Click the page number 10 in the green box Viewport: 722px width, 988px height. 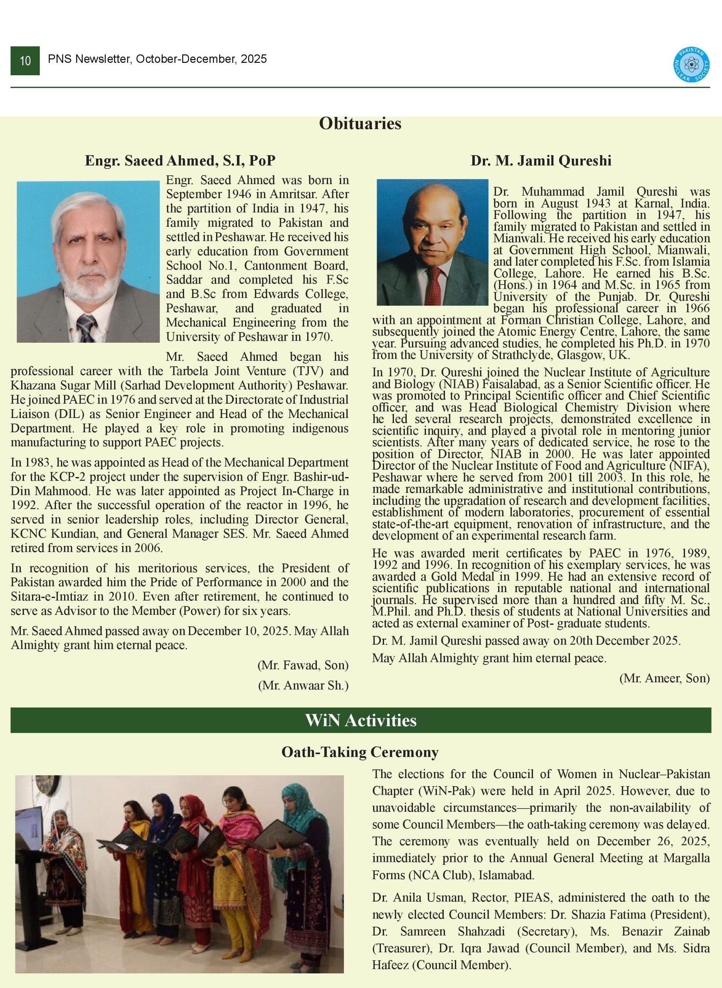pos(25,61)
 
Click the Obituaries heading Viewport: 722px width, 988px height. pos(360,123)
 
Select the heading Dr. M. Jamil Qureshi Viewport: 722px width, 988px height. pos(541,161)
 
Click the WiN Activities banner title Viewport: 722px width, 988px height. pos(360,720)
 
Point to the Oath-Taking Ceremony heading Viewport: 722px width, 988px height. pos(360,752)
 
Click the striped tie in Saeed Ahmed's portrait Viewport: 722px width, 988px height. pos(86,327)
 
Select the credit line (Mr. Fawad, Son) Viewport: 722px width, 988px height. pos(303,665)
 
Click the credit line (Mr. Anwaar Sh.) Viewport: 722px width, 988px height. pos(303,685)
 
